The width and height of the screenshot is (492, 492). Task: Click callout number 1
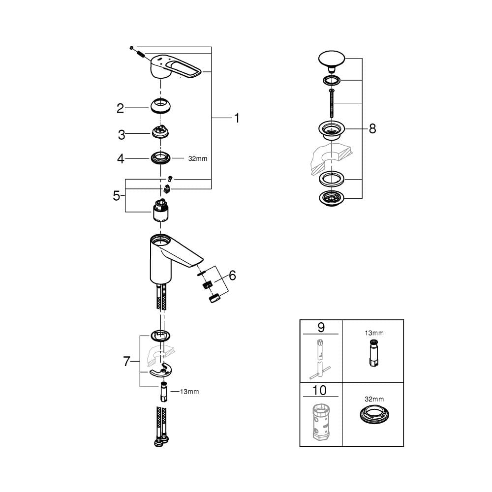(x=237, y=118)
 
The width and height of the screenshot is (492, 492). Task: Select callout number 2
(x=120, y=109)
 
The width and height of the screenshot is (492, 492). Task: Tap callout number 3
(x=121, y=135)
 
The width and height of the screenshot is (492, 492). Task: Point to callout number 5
(x=117, y=196)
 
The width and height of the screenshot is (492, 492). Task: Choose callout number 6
(x=232, y=276)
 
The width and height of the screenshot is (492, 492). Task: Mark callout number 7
(x=126, y=362)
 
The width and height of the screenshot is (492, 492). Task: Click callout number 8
(x=372, y=128)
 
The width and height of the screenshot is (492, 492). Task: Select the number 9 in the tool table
(x=321, y=327)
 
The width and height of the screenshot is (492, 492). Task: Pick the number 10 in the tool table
(x=319, y=390)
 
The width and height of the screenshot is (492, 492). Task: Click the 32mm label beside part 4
(x=198, y=159)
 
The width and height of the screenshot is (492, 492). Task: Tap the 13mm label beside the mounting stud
(x=189, y=392)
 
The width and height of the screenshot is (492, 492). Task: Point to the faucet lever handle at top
(x=176, y=66)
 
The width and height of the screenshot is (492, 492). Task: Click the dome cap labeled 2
(x=160, y=106)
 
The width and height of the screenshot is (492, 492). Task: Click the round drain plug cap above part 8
(x=332, y=60)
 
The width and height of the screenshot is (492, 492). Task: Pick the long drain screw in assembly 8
(x=331, y=103)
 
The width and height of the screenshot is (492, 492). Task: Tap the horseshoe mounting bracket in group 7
(x=161, y=370)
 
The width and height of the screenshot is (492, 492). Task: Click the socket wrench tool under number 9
(x=320, y=359)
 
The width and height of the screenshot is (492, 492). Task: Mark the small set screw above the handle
(x=131, y=48)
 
